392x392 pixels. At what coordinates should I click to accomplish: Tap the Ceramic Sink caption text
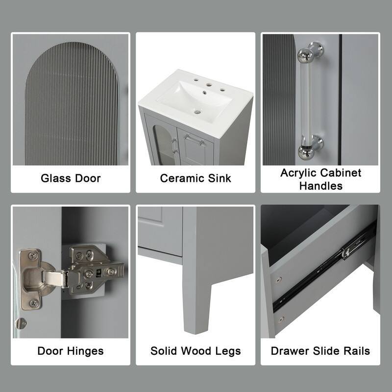pos(195,177)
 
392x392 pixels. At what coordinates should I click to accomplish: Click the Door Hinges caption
pos(71,351)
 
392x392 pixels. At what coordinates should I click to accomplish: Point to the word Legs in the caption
pos(228,351)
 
